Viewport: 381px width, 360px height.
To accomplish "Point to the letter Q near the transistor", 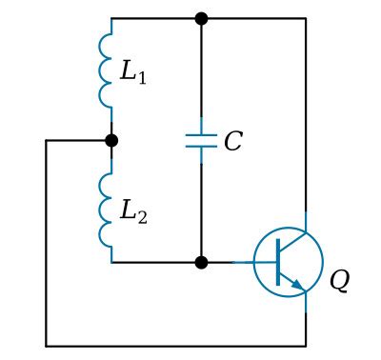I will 340,282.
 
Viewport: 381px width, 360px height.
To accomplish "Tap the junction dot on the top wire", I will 201,18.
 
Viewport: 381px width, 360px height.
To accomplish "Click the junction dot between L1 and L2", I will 111,141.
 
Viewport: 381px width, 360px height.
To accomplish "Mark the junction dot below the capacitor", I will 201,262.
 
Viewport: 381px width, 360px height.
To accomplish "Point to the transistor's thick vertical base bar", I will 277,262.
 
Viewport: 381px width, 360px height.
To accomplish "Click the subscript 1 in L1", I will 142,77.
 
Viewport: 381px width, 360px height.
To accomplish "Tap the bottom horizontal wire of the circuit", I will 176,345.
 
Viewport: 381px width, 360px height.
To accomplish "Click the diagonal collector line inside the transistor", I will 291,244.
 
